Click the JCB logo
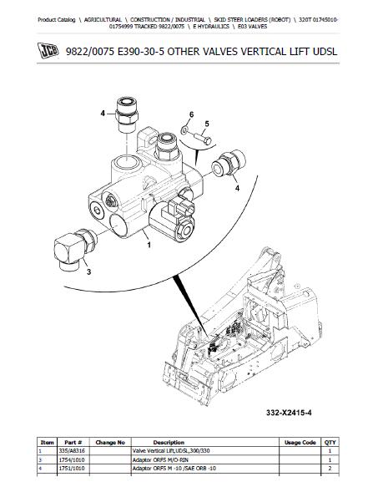pos(48,51)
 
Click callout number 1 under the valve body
pos(149,245)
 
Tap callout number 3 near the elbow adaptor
pos(88,271)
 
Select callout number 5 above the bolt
pos(207,124)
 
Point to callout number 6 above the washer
pos(192,114)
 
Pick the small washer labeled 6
pos(184,129)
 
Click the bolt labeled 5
pos(202,139)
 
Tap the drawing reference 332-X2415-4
pos(289,413)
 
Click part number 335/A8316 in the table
pos(72,451)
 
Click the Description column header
pos(169,443)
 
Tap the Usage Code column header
pos(300,443)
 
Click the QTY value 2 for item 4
pos(330,469)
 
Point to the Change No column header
pos(110,443)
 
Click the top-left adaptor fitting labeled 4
pos(127,114)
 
